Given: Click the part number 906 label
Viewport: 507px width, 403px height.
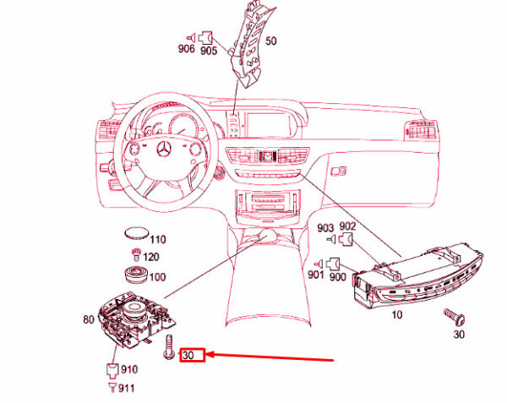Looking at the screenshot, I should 186,49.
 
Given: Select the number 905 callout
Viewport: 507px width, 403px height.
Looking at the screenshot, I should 209,50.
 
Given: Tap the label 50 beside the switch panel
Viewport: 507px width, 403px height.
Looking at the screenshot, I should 270,40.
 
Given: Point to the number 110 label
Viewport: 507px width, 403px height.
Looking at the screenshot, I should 158,240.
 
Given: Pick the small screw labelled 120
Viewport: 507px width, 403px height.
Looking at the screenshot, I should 134,254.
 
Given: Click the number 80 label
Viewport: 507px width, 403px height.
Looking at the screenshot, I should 88,319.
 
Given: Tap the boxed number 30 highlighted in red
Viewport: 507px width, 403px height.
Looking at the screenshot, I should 190,356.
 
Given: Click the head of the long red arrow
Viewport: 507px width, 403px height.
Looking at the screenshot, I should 208,356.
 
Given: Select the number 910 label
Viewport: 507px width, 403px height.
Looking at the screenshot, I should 129,369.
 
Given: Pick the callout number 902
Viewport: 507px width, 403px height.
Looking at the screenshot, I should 347,227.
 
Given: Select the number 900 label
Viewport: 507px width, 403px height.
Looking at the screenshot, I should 338,275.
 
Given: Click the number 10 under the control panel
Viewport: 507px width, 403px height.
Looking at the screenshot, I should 396,316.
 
